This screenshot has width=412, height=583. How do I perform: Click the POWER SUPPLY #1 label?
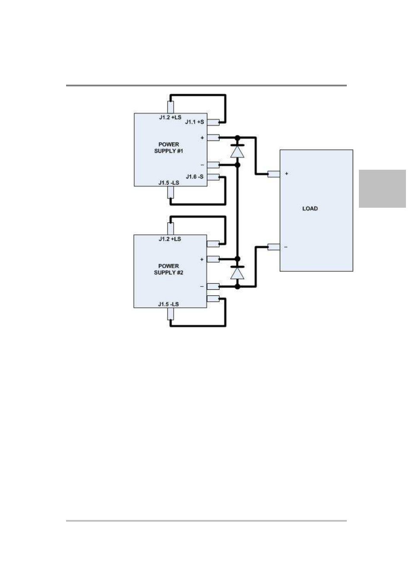[168, 148]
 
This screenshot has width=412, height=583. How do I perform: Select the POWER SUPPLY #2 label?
[168, 269]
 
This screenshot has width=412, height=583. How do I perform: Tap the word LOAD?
[310, 209]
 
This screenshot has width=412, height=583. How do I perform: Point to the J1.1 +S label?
[194, 122]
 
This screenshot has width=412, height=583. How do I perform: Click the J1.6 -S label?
[194, 177]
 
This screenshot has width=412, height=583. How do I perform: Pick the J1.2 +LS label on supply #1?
[170, 117]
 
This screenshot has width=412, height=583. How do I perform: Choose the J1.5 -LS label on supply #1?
[168, 183]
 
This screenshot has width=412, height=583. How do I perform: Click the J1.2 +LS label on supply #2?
[170, 239]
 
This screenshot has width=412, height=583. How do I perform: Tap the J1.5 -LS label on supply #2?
[168, 304]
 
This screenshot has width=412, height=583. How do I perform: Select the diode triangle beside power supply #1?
[237, 152]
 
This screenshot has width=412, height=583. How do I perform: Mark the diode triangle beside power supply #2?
[237, 273]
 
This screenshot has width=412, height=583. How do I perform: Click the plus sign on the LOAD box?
[286, 174]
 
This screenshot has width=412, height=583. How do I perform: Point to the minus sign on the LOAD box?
[286, 247]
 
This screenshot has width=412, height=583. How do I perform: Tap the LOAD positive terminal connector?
[273, 174]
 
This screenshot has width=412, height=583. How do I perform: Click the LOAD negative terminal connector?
[273, 247]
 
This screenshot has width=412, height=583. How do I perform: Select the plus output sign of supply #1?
[202, 138]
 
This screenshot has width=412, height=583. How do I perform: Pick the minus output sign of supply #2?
[202, 286]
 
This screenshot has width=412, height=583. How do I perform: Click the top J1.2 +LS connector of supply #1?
[171, 106]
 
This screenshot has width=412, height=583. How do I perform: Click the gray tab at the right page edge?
[382, 189]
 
